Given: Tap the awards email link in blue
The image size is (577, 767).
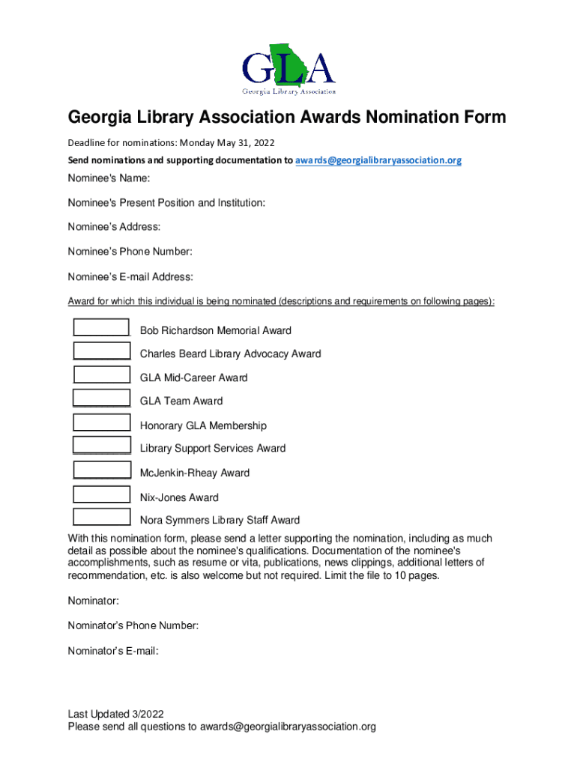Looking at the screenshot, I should pyautogui.click(x=378, y=160).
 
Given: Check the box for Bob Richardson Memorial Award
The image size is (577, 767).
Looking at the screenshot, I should pyautogui.click(x=101, y=328).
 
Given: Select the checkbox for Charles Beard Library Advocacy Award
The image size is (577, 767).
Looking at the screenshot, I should pyautogui.click(x=101, y=351).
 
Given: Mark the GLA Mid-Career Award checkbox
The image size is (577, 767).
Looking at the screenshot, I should pyautogui.click(x=101, y=375).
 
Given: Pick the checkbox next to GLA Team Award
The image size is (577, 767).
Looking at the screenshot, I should pyautogui.click(x=101, y=399).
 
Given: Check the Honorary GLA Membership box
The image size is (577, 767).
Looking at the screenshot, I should pyautogui.click(x=101, y=422).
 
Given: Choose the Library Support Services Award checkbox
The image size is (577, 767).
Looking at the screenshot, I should pyautogui.click(x=101, y=446).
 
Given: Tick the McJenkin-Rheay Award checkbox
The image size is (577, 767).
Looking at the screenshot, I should pyautogui.click(x=101, y=470).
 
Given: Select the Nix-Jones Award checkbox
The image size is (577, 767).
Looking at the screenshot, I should pyautogui.click(x=101, y=494).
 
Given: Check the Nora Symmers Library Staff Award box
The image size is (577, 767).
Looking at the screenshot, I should pyautogui.click(x=101, y=517).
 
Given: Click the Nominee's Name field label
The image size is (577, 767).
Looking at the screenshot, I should pyautogui.click(x=109, y=178).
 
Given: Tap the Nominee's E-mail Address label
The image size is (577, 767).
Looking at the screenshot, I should pyautogui.click(x=130, y=277).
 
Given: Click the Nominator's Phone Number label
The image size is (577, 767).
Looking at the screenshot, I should pyautogui.click(x=133, y=625).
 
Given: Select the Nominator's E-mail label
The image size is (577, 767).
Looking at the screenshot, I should pyautogui.click(x=113, y=651).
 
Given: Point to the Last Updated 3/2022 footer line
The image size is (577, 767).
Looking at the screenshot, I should pyautogui.click(x=116, y=714).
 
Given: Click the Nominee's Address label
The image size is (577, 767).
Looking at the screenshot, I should pyautogui.click(x=115, y=227).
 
